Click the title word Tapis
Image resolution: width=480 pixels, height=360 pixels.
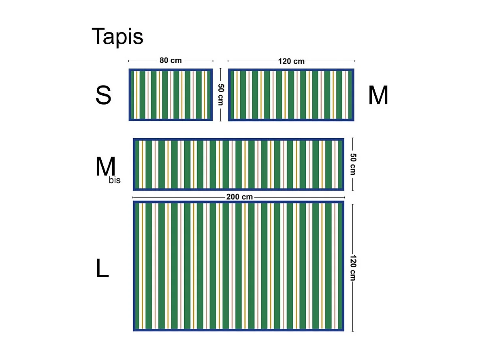tap(117, 36)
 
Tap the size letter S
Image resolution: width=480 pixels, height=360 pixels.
tap(103, 96)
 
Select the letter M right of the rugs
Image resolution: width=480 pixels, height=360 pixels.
tap(378, 96)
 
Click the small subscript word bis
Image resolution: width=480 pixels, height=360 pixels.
tap(115, 180)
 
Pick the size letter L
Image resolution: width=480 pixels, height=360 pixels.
tap(102, 268)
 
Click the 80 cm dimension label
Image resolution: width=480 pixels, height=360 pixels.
tap(171, 61)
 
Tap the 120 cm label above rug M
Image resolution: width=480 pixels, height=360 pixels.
tap(291, 61)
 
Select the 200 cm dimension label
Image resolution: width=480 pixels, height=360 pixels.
tap(239, 197)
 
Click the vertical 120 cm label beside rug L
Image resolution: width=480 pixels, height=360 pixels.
tap(353, 268)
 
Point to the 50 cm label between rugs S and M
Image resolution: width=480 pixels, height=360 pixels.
tap(220, 95)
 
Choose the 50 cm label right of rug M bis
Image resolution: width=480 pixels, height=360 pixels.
tap(353, 164)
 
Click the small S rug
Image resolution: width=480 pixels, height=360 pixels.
tap(171, 95)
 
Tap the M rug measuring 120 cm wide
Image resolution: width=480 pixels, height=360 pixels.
tap(291, 95)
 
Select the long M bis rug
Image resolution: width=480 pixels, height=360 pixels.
tap(239, 165)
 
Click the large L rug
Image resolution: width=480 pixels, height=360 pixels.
tap(239, 266)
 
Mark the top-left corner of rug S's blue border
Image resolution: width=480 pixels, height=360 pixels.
tap(129, 69)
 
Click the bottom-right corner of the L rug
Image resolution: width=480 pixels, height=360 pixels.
tap(343, 330)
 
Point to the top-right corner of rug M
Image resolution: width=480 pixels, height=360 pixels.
tap(354, 69)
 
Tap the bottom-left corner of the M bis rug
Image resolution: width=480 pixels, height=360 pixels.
tap(134, 190)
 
